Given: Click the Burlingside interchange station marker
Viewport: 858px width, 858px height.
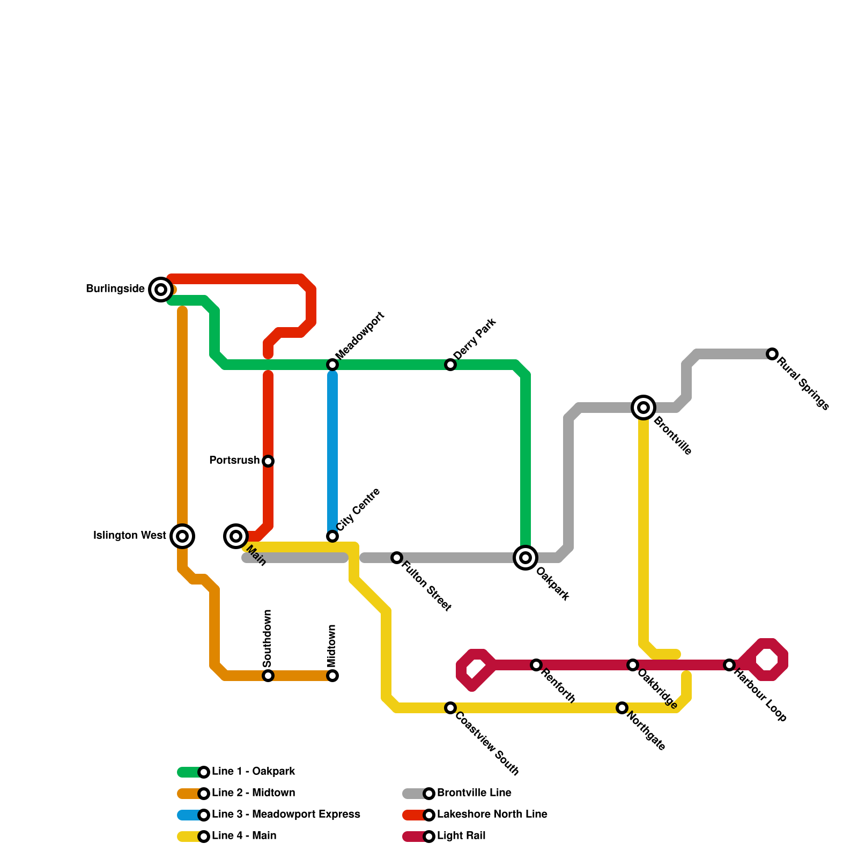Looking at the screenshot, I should click(x=160, y=290).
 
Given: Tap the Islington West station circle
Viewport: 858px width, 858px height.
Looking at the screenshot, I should click(x=182, y=536).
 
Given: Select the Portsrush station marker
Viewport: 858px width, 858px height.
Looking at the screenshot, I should click(x=268, y=461).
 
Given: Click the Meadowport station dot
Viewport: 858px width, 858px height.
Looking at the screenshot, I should click(x=332, y=365).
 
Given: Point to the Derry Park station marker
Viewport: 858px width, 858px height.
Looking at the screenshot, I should click(x=450, y=365).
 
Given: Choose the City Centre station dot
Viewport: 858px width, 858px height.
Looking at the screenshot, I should click(x=332, y=536).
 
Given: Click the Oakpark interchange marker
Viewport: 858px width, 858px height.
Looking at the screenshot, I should click(x=526, y=558).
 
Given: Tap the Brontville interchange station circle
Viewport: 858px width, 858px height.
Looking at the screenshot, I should click(x=643, y=408).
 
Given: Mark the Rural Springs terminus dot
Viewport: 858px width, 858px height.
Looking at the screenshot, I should click(x=772, y=354).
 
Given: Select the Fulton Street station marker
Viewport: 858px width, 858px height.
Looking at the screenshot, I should click(x=397, y=558).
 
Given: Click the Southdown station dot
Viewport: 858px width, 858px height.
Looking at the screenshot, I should click(x=268, y=676).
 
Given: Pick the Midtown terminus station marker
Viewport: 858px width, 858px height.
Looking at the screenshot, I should click(x=332, y=676).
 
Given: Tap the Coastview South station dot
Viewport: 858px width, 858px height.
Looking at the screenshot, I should click(x=450, y=708).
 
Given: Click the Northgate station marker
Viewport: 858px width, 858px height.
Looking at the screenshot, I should click(x=622, y=708).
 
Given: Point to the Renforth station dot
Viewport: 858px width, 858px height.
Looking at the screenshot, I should click(x=536, y=665).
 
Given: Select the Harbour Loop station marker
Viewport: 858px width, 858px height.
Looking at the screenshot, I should click(x=729, y=665).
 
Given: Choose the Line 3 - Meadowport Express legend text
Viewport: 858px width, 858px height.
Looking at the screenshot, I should click(x=286, y=815).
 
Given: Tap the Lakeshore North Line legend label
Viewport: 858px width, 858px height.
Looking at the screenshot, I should click(x=492, y=815).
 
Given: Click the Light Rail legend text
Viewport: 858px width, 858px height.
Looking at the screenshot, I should click(x=461, y=836).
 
